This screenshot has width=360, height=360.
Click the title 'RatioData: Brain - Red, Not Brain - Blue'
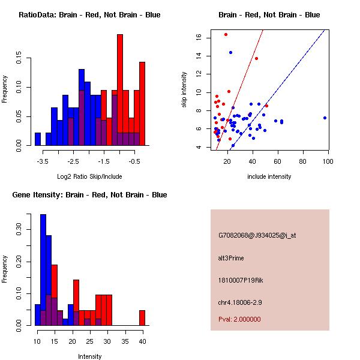tap(89, 15)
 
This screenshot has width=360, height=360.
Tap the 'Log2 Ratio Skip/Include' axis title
tap(89, 176)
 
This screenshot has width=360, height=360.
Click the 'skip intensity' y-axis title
tap(184, 90)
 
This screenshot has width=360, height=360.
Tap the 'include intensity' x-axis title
tap(269, 176)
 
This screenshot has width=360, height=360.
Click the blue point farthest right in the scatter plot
tap(325, 118)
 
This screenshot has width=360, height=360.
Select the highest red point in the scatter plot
tap(226, 34)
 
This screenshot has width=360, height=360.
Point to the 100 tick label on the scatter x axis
tap(328, 162)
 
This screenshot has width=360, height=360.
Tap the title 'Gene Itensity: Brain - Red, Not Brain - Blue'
tap(89, 195)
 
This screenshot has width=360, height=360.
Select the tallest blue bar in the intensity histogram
tap(43, 270)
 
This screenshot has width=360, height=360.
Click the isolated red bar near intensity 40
tap(142, 318)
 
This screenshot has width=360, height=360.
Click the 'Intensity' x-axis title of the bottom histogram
tap(89, 356)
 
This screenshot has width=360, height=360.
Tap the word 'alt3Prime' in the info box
tap(231, 258)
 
